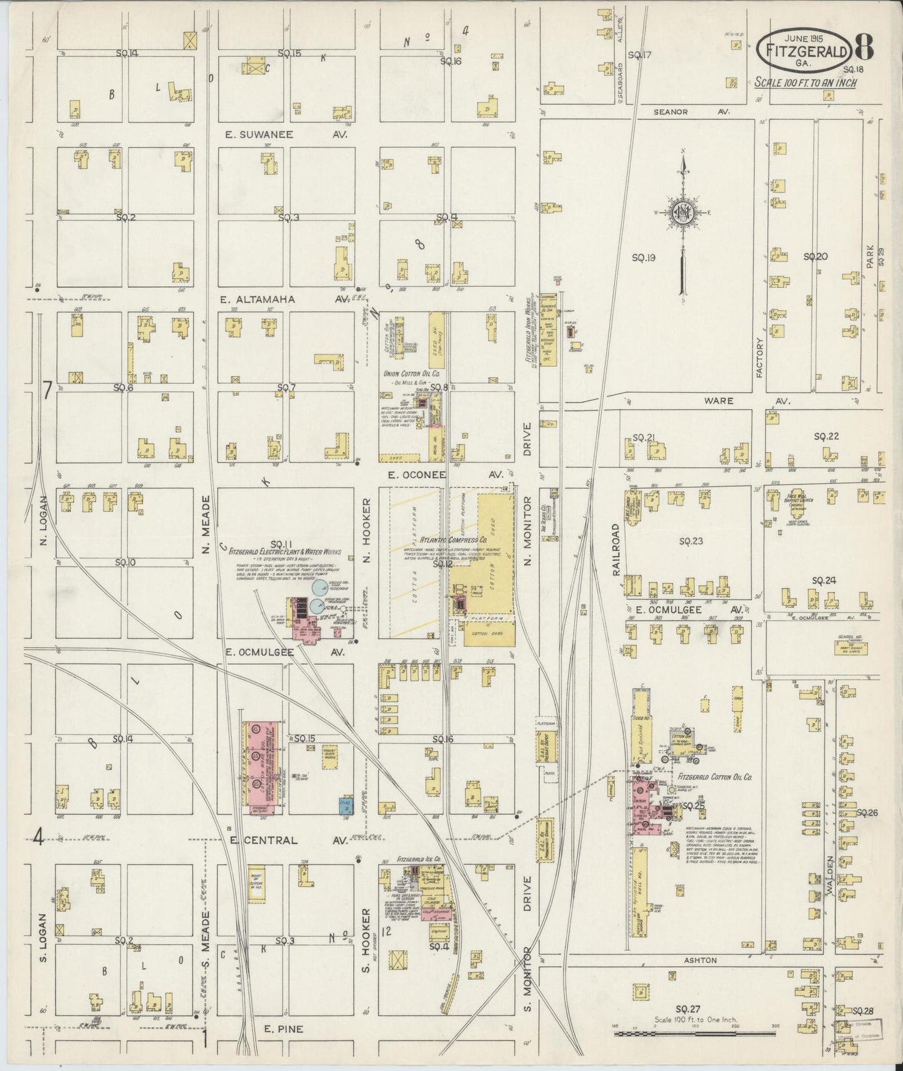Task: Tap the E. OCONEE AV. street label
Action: (x=445, y=475)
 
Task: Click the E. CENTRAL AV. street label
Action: (x=287, y=840)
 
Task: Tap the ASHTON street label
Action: (x=700, y=960)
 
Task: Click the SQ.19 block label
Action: (x=643, y=257)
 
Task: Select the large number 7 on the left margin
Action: (x=47, y=391)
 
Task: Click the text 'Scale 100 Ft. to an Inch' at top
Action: (x=805, y=82)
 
